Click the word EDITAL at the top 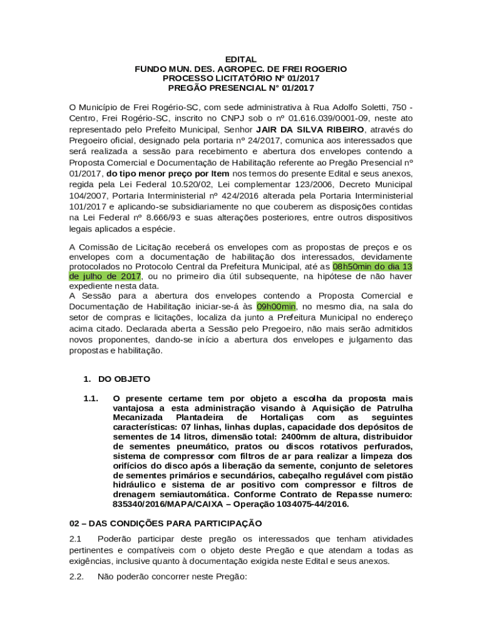point(241,59)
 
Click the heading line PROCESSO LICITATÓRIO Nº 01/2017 point(241,78)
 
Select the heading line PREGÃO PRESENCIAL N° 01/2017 point(241,88)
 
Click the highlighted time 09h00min point(276,307)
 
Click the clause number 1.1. point(91,398)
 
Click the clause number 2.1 point(76,539)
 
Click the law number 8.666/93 point(154,217)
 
